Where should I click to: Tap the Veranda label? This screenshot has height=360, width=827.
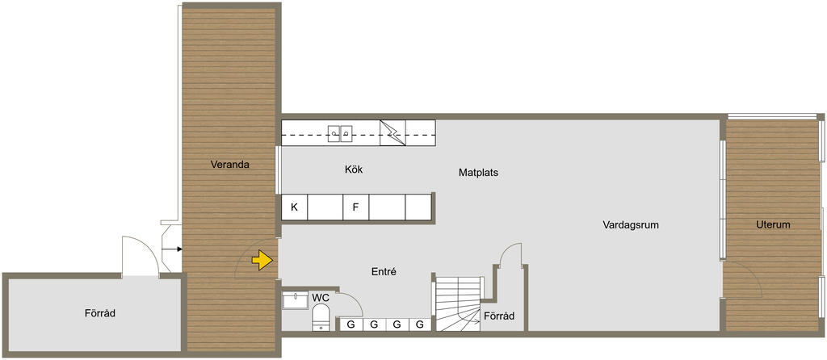tap(229, 165)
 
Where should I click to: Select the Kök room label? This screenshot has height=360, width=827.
tap(354, 170)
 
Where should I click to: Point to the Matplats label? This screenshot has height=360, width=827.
tap(478, 173)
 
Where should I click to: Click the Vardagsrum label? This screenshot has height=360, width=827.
tap(631, 225)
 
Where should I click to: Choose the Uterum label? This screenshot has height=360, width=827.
tap(773, 224)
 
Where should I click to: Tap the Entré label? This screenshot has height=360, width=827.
tap(384, 272)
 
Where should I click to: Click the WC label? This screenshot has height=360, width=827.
tap(321, 298)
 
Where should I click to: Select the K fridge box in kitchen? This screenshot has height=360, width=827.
tap(294, 207)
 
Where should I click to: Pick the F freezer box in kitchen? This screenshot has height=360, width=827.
tap(356, 207)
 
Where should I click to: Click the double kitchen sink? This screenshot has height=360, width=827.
tap(340, 133)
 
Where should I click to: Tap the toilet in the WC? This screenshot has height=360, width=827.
tap(321, 319)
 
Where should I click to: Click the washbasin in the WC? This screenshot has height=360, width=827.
tap(296, 300)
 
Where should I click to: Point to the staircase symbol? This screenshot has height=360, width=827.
tap(458, 304)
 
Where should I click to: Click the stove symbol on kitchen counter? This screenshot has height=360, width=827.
tap(393, 133)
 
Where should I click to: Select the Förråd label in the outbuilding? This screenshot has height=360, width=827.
tap(99, 313)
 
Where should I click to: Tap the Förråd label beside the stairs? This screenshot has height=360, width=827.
tap(499, 316)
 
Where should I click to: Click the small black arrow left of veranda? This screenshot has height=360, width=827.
tap(174, 249)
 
